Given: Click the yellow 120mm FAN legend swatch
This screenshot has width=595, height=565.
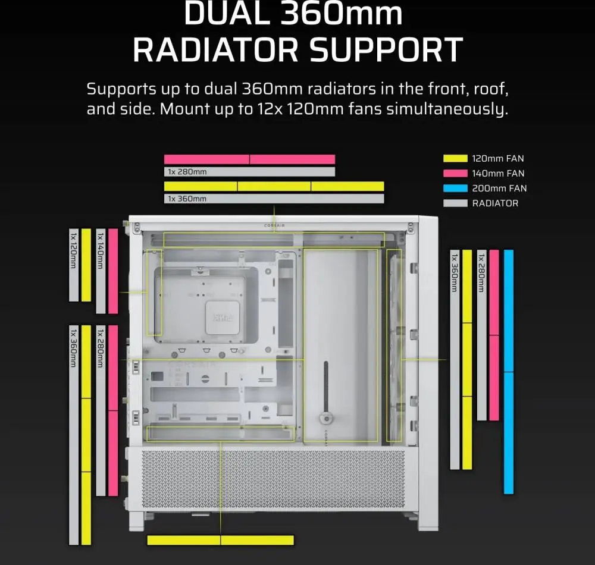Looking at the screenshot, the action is (x=455, y=159).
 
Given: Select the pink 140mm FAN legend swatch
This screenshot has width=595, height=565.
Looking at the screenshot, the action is (x=455, y=173).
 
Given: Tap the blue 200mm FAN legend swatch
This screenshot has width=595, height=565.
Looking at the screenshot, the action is (x=455, y=188).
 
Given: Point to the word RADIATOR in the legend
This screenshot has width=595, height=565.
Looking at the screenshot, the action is (x=495, y=203).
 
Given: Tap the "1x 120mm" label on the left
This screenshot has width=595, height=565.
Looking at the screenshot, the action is (x=74, y=251).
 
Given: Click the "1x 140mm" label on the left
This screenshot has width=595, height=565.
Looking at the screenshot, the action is (x=101, y=251).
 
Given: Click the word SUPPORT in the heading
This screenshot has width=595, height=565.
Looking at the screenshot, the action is (x=386, y=50).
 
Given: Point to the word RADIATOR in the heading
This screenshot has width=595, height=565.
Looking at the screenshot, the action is (x=215, y=50).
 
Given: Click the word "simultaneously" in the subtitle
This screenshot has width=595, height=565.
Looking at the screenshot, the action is (x=447, y=109).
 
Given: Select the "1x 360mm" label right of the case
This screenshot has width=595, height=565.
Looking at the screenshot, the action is (x=454, y=272).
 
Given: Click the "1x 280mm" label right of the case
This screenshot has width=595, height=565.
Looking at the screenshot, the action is (x=481, y=272).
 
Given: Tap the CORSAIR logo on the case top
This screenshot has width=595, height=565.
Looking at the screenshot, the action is (x=274, y=225).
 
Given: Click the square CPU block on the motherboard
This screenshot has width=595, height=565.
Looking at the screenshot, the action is (x=223, y=318).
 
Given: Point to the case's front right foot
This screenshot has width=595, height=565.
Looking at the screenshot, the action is (x=428, y=522).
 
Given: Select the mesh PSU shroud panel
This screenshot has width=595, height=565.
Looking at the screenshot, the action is (x=273, y=479).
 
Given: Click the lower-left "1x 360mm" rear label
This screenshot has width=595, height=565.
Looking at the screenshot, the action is (x=74, y=348).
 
